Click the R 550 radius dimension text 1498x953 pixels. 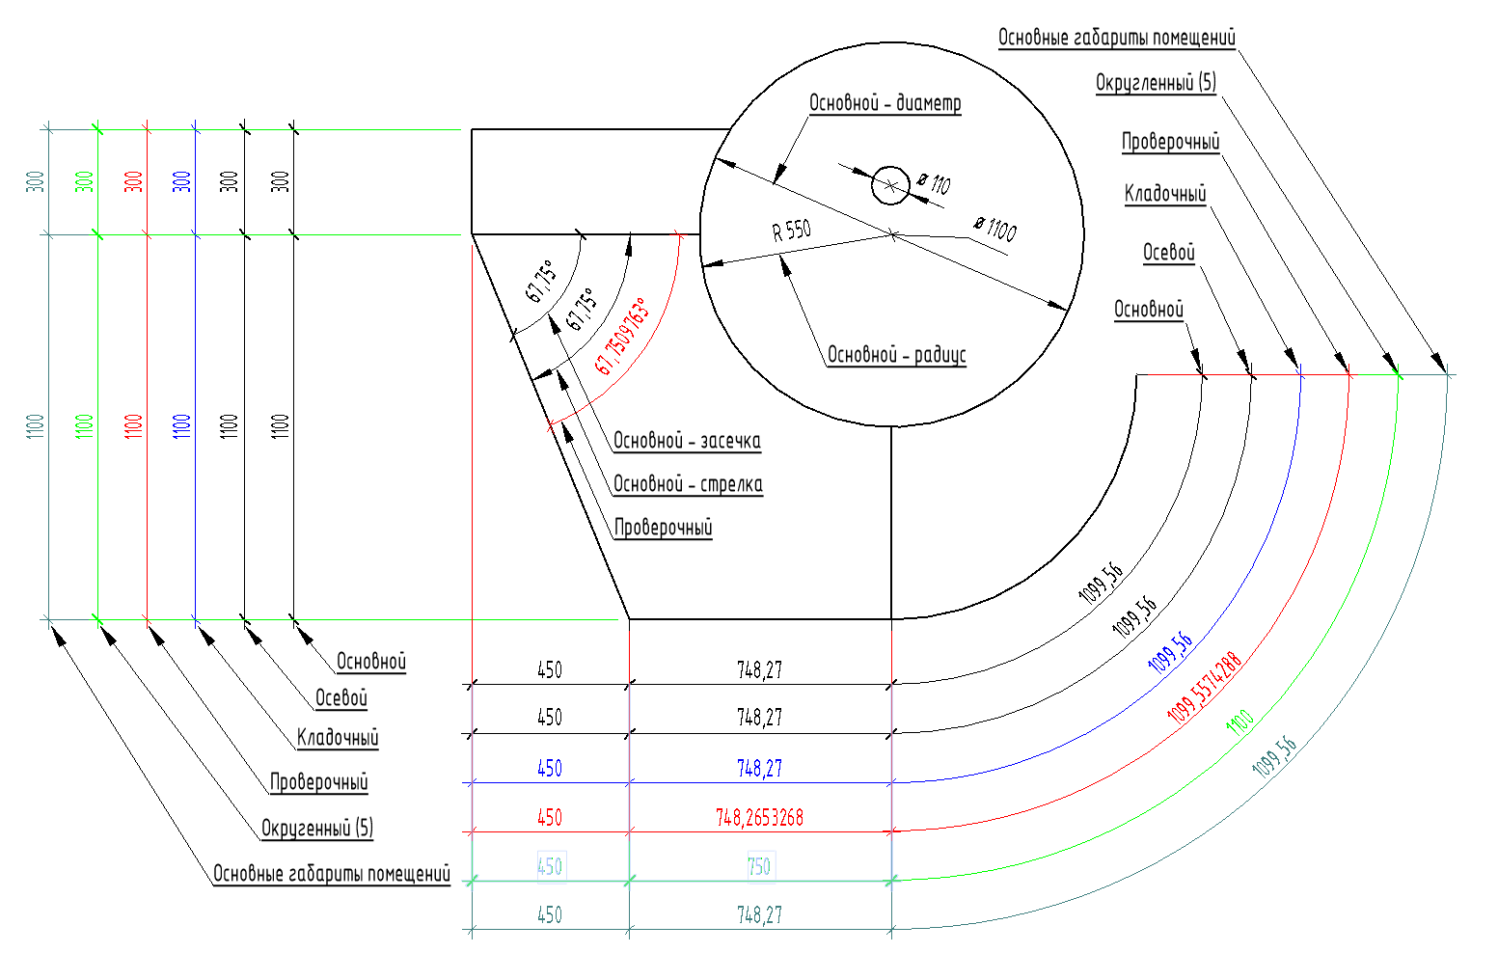(x=791, y=231)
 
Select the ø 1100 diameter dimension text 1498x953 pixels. (x=994, y=229)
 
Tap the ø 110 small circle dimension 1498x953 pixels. (x=934, y=182)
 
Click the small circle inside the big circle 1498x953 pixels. (x=889, y=184)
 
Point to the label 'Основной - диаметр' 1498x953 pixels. (x=885, y=103)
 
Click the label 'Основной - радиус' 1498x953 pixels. (x=896, y=355)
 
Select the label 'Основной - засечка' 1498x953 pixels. (x=687, y=442)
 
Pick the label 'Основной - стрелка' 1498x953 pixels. (x=688, y=484)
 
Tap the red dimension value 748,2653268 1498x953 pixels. (x=759, y=818)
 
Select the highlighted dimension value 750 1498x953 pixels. (x=759, y=866)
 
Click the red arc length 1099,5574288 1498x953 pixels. (x=1203, y=689)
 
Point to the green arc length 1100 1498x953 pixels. (x=1239, y=722)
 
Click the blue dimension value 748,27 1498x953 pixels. (x=759, y=769)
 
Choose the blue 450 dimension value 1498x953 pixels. (x=549, y=769)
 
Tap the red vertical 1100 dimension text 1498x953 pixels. (x=134, y=425)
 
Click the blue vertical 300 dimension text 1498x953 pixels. (x=182, y=180)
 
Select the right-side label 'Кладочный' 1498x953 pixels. (x=1164, y=194)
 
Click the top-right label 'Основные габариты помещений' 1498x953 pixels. (x=1116, y=38)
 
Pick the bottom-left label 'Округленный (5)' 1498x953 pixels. (x=316, y=828)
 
